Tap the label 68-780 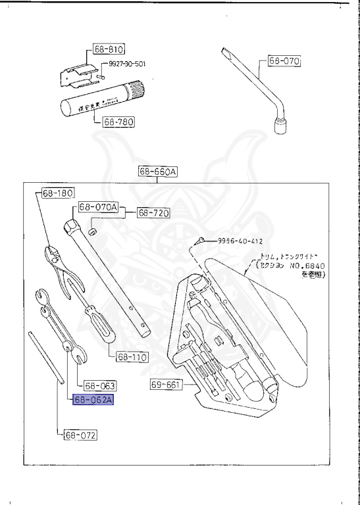click(x=118, y=122)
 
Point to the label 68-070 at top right click(x=284, y=62)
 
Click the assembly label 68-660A click(x=158, y=172)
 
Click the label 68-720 click(x=153, y=213)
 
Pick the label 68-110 click(x=132, y=358)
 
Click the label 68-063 click(x=100, y=386)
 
